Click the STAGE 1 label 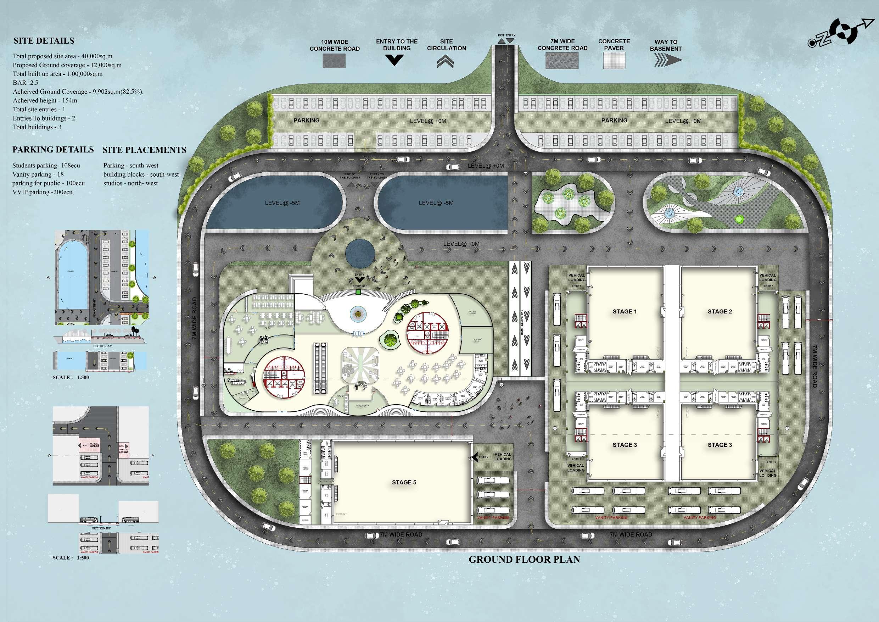coord(625,311)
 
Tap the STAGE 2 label coord(720,311)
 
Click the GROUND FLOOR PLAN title coord(524,560)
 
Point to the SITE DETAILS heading coord(44,40)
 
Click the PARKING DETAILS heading coord(53,149)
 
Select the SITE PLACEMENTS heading coord(144,150)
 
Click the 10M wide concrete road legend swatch coord(334,61)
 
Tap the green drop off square coord(358,292)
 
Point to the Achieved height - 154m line coord(45,100)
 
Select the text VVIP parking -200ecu coord(42,192)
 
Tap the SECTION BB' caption coord(101,528)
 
